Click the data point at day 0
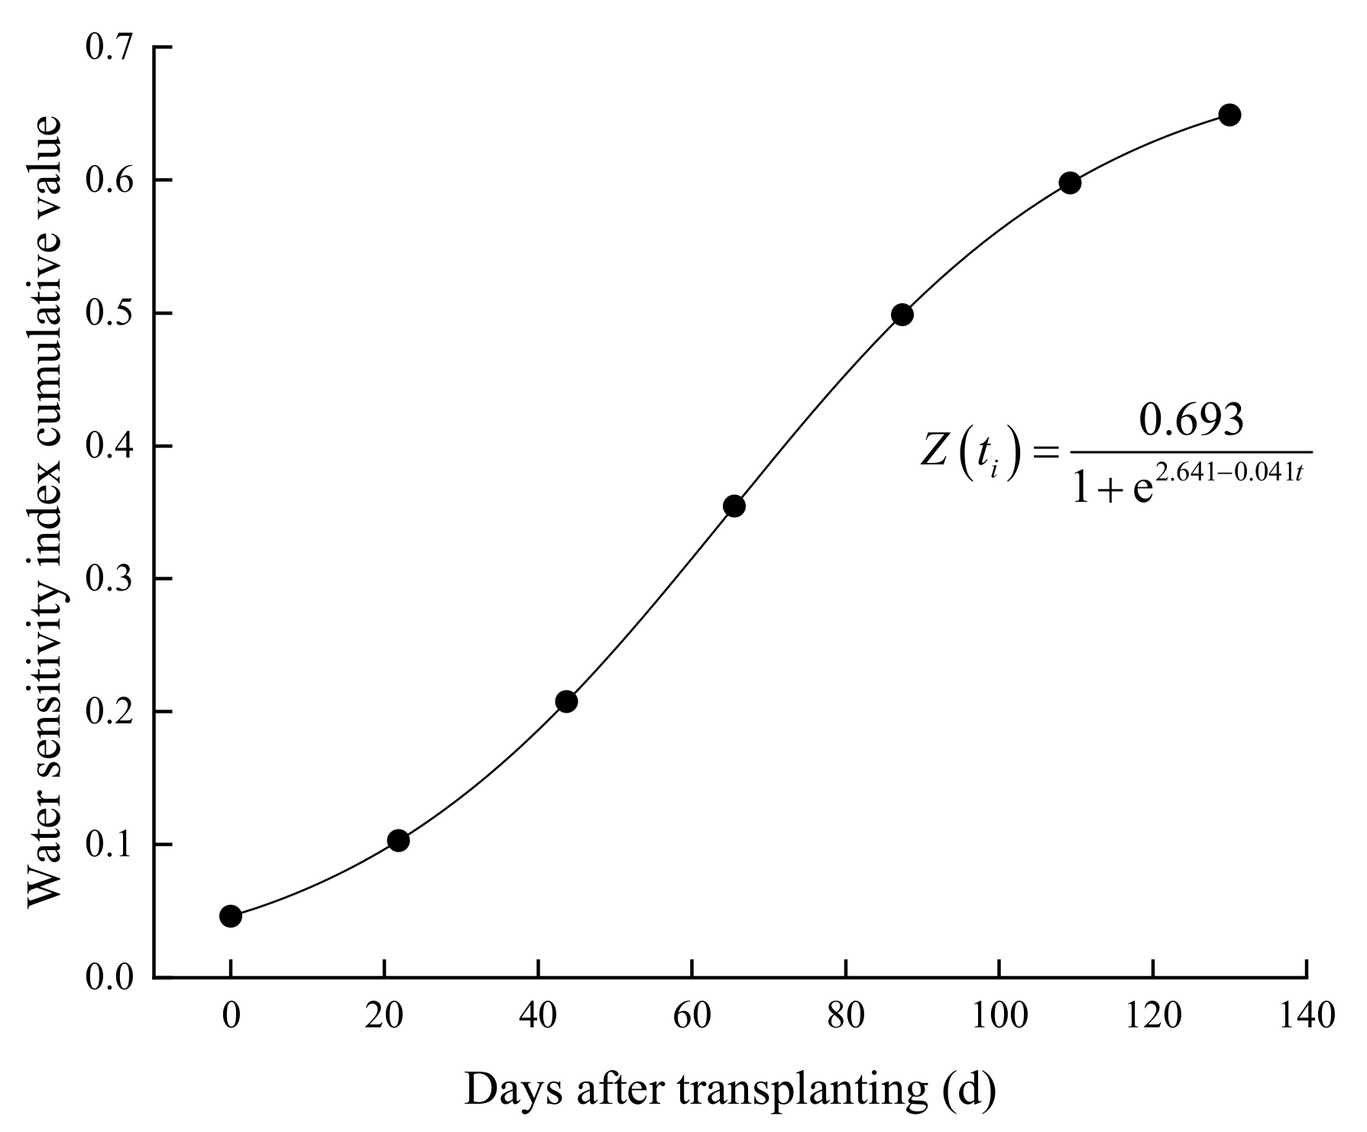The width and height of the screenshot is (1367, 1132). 231,916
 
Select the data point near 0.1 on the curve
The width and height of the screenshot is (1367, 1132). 398,840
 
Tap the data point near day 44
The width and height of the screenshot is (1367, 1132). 566,701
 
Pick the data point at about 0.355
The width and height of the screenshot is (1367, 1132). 734,506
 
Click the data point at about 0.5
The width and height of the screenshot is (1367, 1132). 902,315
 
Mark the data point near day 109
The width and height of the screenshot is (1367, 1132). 1070,183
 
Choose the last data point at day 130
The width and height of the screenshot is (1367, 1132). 1229,115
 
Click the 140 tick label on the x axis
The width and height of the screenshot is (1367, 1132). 1306,1017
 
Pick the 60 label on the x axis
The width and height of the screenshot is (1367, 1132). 692,1017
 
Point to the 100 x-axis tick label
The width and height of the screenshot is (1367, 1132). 999,1017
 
